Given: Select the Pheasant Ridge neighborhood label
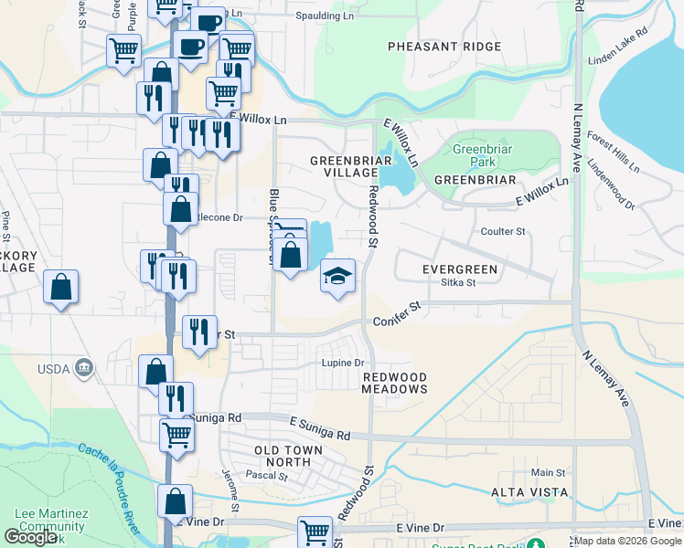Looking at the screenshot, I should [x=444, y=47].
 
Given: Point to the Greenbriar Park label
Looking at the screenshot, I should [x=475, y=155].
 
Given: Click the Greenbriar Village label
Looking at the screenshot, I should [x=344, y=167].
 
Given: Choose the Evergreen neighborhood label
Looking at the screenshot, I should [x=459, y=269].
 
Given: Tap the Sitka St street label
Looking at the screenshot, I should [x=458, y=283].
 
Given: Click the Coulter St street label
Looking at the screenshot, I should [x=503, y=232].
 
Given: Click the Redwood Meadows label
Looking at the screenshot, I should [x=394, y=383].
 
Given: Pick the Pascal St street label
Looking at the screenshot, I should [x=267, y=476].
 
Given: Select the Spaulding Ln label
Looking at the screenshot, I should [x=325, y=16].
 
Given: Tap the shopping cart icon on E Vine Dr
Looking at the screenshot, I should [x=315, y=532].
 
